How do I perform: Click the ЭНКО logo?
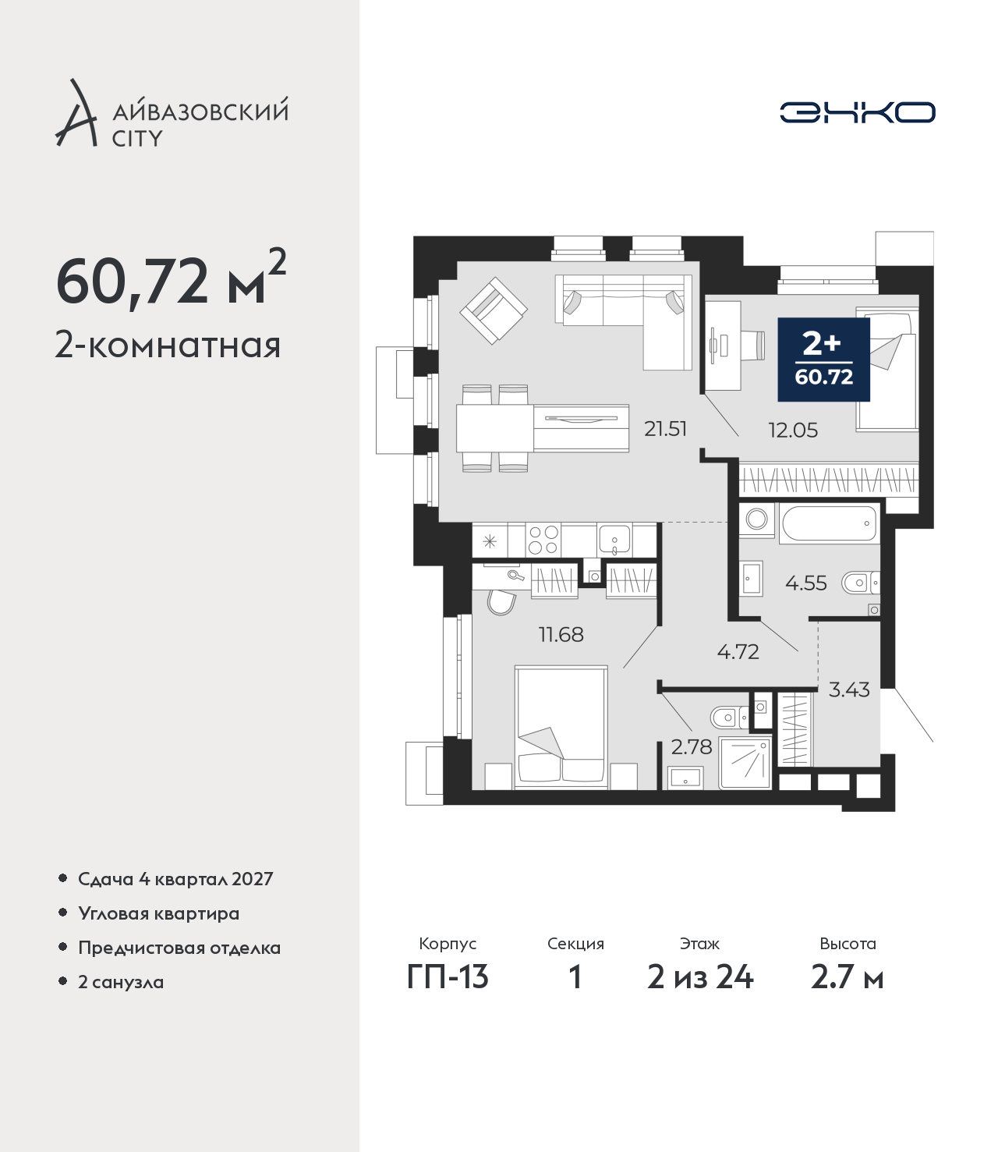tap(857, 112)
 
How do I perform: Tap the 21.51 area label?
tap(665, 429)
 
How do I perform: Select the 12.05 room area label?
tap(793, 431)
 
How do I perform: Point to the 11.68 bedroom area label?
tap(561, 634)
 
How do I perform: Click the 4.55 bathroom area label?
tap(805, 583)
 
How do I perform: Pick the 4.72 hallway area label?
tap(738, 651)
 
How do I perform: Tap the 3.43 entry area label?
tap(849, 690)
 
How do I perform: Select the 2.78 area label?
tap(692, 747)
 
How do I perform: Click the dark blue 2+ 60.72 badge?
tap(823, 360)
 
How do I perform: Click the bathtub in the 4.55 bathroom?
tap(829, 523)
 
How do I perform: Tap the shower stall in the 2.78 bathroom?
tap(745, 763)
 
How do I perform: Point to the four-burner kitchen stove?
tap(543, 540)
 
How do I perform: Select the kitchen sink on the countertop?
tap(614, 540)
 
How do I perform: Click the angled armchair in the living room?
tap(494, 310)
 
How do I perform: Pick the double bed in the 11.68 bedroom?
tap(561, 728)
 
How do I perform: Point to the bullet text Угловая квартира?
tap(159, 914)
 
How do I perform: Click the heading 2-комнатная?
tap(168, 346)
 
